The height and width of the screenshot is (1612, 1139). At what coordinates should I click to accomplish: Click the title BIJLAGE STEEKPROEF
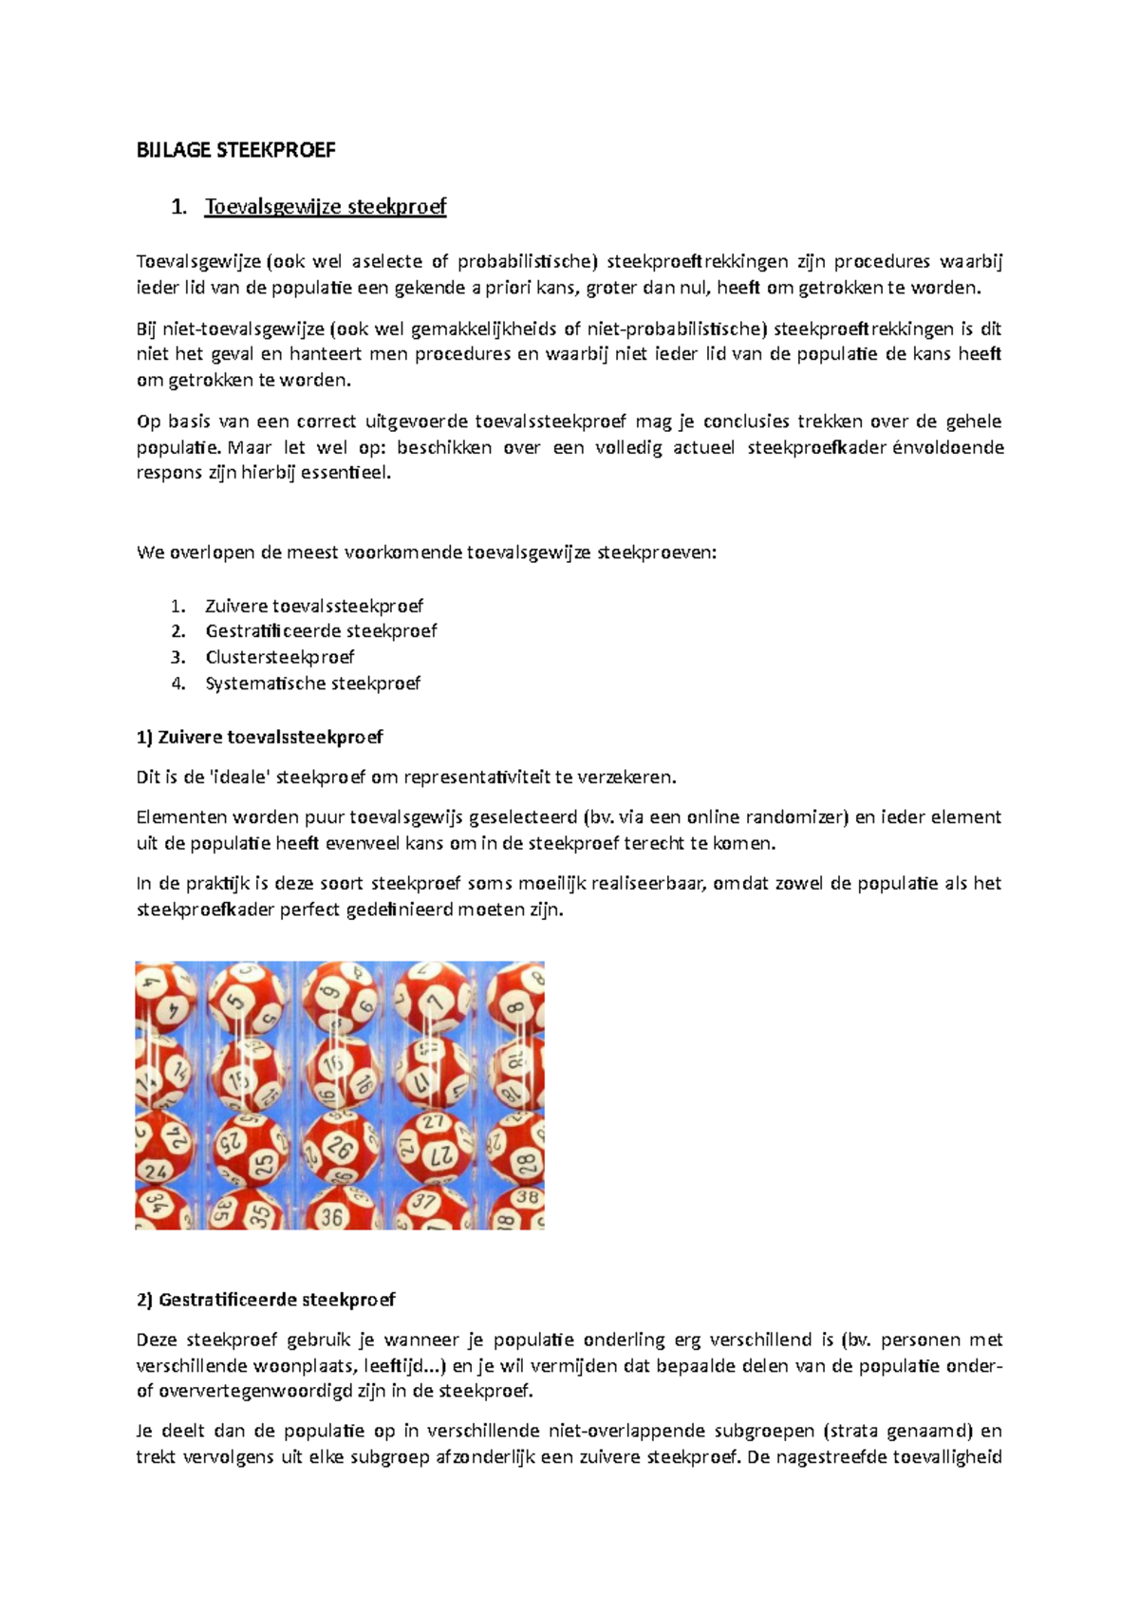point(235,150)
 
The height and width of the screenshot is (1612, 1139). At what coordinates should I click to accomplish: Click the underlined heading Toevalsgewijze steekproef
point(325,207)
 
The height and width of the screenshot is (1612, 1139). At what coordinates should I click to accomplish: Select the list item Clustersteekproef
point(279,657)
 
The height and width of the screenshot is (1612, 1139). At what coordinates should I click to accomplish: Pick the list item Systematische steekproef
point(312,684)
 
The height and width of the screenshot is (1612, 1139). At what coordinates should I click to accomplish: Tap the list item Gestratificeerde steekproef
point(321,631)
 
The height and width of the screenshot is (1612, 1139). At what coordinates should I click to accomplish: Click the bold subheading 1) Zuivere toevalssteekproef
point(259,737)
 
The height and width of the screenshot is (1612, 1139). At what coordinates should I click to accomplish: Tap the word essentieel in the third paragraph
point(345,473)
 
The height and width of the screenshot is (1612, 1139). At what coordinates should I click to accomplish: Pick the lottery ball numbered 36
point(332,1213)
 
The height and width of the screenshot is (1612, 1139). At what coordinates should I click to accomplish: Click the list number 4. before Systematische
point(178,684)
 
